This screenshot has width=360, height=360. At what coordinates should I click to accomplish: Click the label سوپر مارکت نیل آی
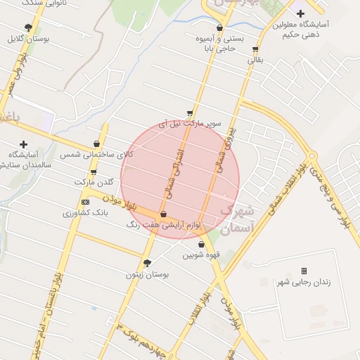[191, 123]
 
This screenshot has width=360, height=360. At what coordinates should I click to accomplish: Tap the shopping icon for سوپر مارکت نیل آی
[190, 112]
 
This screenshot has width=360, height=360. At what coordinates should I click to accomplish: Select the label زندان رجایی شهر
[304, 282]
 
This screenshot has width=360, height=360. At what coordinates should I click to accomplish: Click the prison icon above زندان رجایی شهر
[304, 271]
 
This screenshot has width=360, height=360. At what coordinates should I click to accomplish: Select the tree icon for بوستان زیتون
[147, 263]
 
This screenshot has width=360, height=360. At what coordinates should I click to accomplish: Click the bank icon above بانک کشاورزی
[86, 202]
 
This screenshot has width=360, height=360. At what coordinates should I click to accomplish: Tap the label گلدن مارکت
[94, 182]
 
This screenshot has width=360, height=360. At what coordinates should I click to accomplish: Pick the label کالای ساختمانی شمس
[96, 154]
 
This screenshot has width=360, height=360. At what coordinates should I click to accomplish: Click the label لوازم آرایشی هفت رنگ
[163, 225]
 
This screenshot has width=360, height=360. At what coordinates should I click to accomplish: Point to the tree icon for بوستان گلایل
[28, 28]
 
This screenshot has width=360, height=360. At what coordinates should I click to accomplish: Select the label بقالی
[255, 60]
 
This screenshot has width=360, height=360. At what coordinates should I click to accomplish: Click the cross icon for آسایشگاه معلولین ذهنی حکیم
[300, 13]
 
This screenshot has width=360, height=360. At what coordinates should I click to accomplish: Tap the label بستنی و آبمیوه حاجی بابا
[220, 44]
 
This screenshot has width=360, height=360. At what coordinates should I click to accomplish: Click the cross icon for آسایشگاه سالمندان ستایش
[24, 144]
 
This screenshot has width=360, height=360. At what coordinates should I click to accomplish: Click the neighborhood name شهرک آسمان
[235, 219]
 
